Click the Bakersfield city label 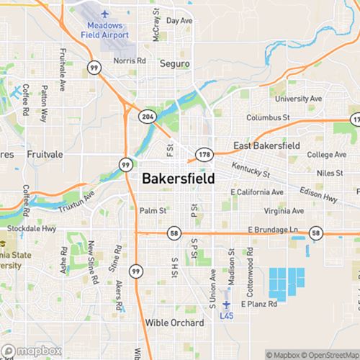click(x=178, y=179)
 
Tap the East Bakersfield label click(x=267, y=145)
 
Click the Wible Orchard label click(x=174, y=323)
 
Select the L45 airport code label click(x=228, y=315)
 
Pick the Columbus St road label click(x=267, y=117)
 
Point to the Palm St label click(x=153, y=211)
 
